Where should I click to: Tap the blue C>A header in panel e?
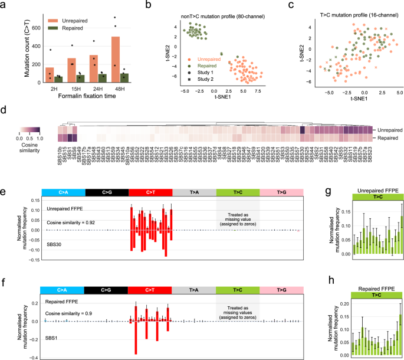point(64,192)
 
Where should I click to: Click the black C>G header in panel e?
point(106,192)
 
